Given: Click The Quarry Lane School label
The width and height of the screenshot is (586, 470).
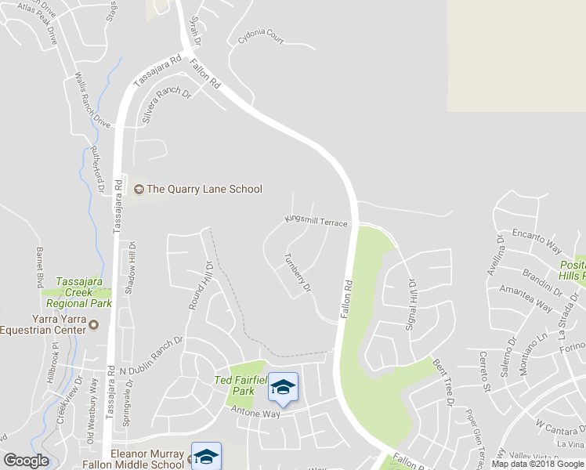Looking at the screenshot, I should coord(204,189).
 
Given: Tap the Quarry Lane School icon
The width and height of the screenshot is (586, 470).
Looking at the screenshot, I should coord(139,189).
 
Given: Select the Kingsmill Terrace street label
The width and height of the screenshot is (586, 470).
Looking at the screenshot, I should coord(316,222).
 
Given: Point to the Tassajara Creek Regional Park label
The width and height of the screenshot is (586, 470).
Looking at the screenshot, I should coord(78,292).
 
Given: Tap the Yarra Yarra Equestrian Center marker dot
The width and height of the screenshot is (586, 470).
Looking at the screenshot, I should coord(94,324).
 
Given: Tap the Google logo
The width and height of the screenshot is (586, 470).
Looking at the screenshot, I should coord(26,461).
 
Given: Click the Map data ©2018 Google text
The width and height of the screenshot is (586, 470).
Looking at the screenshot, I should coord(537,465).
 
